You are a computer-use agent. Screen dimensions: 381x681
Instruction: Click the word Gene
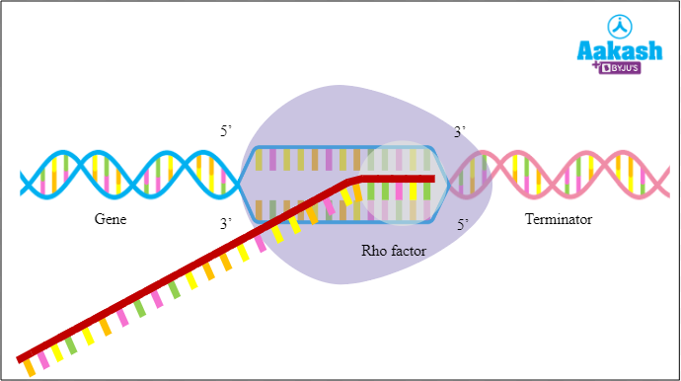coord(111,220)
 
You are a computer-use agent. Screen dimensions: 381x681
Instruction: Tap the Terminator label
coord(559,220)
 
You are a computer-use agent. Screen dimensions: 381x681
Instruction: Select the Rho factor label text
coord(393,252)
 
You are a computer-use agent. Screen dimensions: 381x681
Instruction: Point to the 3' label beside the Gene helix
coord(227,225)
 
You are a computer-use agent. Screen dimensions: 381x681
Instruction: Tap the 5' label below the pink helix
coord(462,225)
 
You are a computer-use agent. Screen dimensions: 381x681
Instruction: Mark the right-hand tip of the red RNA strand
coord(432,179)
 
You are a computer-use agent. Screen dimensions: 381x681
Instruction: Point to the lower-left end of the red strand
coord(20,357)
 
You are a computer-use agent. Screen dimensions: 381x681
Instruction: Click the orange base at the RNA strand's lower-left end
coord(30,367)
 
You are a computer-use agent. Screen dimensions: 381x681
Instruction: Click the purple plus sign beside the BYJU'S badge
coord(595,70)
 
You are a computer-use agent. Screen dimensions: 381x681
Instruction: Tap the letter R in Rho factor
coord(366,252)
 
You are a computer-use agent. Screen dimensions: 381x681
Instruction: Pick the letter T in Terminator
coord(529,220)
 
